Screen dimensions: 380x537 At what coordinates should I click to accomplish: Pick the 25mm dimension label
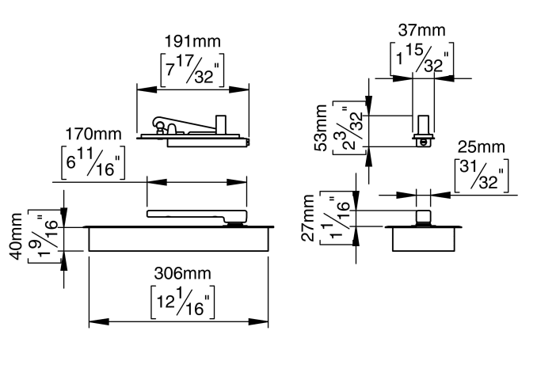(x=481, y=148)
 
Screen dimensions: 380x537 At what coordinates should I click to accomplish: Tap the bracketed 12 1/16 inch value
(x=182, y=302)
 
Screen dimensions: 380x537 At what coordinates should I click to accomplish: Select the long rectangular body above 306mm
(x=181, y=238)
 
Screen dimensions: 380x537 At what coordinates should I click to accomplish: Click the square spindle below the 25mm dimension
(x=424, y=217)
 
